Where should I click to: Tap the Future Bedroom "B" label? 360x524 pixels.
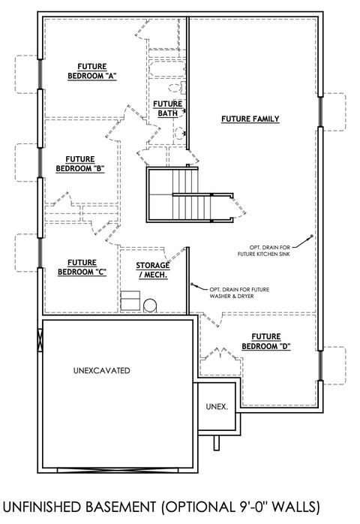[79, 164]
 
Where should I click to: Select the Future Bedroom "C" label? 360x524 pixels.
[79, 267]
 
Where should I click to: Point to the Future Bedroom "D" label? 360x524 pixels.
[266, 341]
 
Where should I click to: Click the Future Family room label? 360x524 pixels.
[250, 119]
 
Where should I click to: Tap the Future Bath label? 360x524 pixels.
[167, 108]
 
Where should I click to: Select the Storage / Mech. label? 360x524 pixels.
[151, 270]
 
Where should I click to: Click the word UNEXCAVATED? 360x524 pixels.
[102, 371]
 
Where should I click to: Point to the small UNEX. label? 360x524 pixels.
[217, 406]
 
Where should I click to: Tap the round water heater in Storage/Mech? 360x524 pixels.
[150, 306]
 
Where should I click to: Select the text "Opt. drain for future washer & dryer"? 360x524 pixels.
[238, 294]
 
